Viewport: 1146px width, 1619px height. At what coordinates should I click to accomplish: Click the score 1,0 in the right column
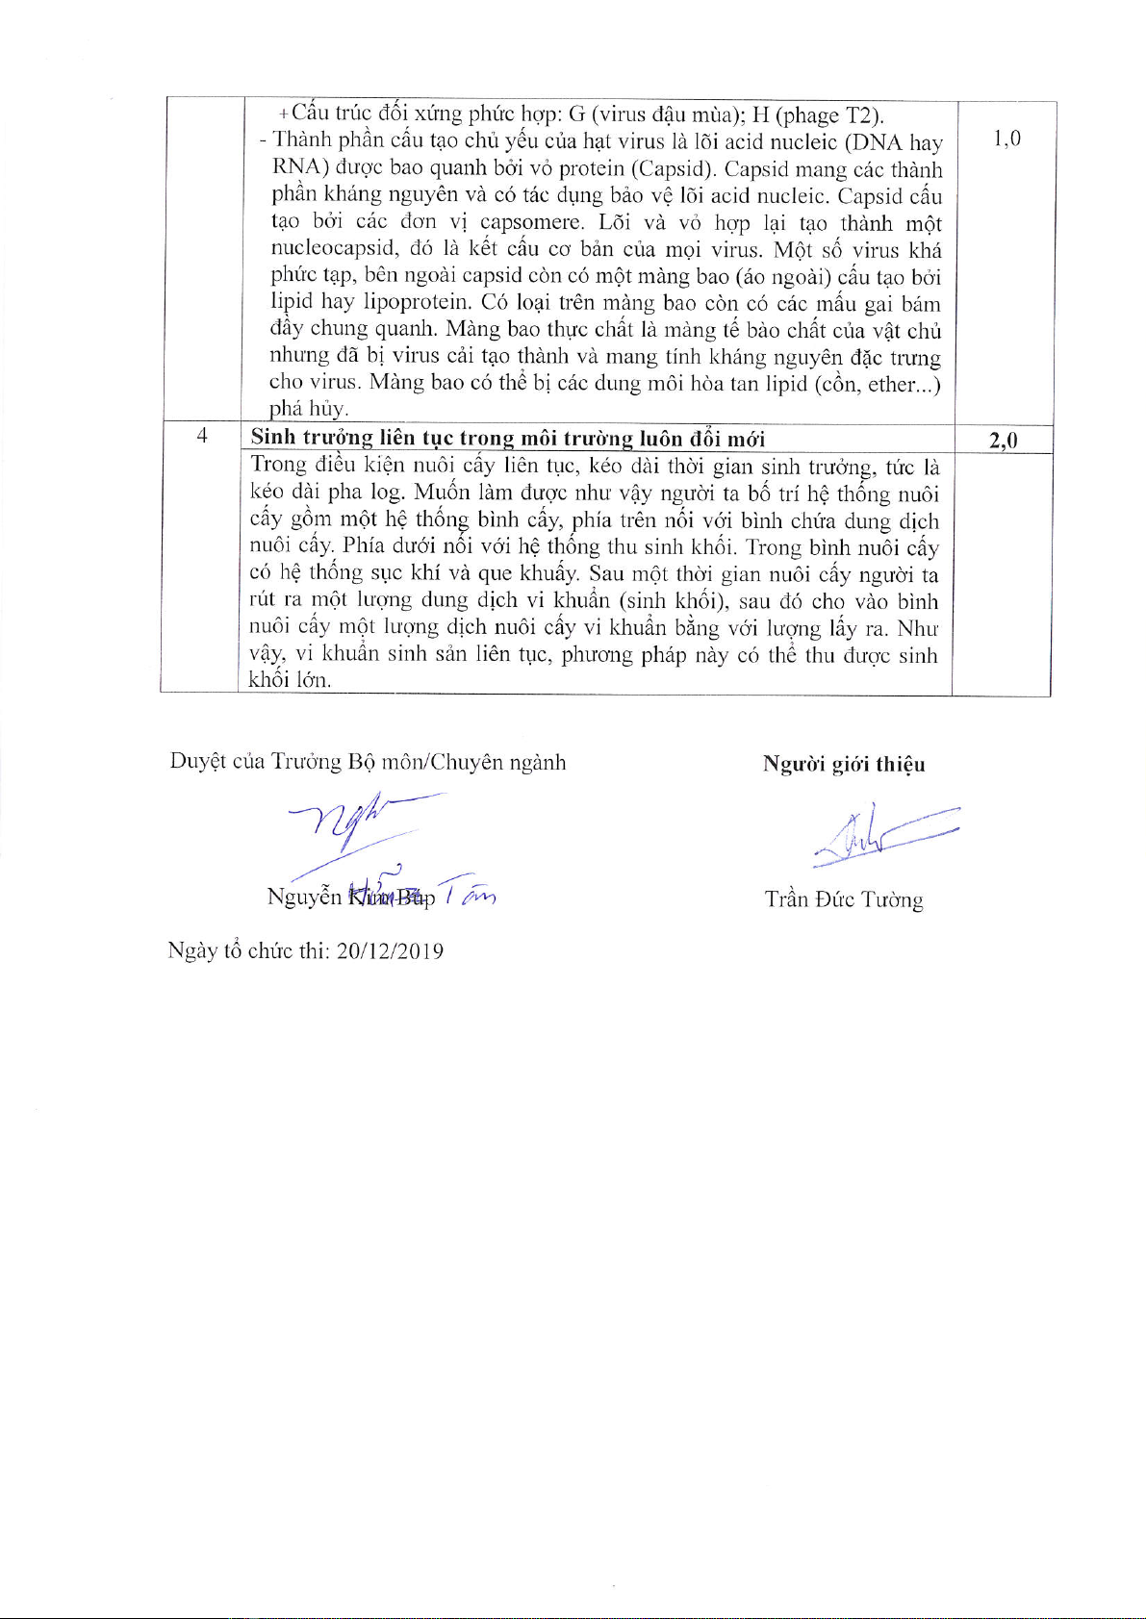tap(1006, 139)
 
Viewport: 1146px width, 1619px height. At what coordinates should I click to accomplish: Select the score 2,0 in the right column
tap(1003, 441)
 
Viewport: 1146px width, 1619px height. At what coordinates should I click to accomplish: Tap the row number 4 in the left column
tap(202, 436)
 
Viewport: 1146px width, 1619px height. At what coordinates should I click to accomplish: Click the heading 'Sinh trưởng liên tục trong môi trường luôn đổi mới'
tap(507, 439)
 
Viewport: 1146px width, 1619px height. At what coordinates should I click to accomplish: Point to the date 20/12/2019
tap(390, 951)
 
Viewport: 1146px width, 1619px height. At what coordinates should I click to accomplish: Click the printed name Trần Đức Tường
tap(844, 900)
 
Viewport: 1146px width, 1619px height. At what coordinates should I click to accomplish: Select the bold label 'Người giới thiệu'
tap(844, 765)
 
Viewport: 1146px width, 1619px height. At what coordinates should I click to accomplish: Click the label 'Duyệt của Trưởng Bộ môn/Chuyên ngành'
tap(368, 763)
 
